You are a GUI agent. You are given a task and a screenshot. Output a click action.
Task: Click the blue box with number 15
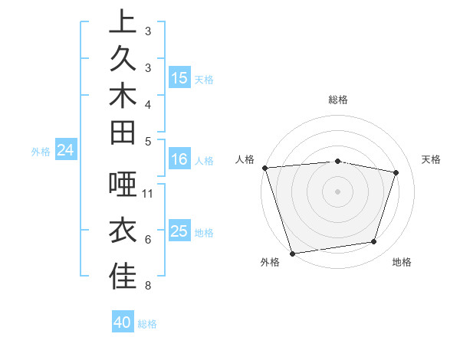(179, 77)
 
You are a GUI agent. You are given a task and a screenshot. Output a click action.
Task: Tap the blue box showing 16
(179, 159)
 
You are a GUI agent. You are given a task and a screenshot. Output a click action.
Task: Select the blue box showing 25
(179, 231)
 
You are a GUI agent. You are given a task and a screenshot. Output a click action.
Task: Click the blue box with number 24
(66, 151)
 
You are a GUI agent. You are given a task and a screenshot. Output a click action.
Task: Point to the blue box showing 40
(123, 322)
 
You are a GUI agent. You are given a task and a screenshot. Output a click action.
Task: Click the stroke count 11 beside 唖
(148, 194)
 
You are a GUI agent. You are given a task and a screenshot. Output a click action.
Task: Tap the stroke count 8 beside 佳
(148, 286)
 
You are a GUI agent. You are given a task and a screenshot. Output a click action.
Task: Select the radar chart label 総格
(338, 100)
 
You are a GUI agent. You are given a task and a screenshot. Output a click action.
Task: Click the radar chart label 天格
(432, 159)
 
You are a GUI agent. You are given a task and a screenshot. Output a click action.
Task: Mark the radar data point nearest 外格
(292, 253)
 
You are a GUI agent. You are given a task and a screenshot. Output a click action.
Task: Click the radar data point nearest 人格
(264, 167)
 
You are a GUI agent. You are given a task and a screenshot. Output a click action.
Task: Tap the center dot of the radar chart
(338, 191)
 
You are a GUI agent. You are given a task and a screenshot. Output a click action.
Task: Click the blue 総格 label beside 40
(147, 324)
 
